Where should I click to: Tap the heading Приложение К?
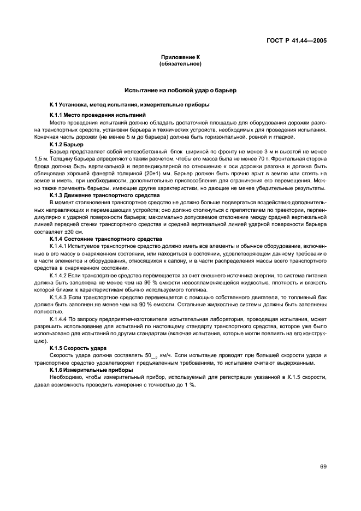tap(180, 57)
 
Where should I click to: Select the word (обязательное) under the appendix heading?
tap(180, 64)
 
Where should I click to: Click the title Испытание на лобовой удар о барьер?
tap(180, 89)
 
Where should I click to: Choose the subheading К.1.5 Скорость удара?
tap(78, 347)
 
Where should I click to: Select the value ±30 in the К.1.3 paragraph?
tap(72, 231)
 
